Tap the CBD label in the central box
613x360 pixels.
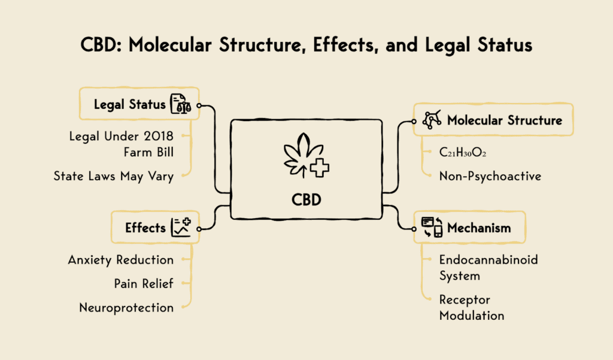306,199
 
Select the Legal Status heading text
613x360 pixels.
129,104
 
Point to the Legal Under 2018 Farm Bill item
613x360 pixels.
122,144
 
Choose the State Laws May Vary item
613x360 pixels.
113,176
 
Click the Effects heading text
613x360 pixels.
145,228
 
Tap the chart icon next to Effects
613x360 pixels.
181,228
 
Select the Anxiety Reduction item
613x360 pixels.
121,260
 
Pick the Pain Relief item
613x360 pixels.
144,283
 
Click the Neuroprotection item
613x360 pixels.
126,307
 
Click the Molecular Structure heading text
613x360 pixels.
505,120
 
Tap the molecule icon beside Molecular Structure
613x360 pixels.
432,120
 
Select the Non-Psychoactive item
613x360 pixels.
489,176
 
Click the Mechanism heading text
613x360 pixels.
479,228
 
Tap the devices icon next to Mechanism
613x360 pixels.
432,228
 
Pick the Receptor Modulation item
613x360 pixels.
472,307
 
